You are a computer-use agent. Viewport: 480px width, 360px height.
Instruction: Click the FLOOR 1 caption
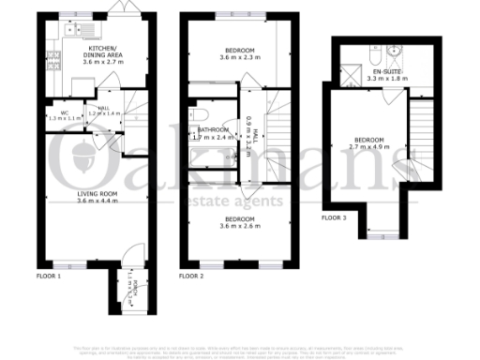pyautogui.click(x=48, y=277)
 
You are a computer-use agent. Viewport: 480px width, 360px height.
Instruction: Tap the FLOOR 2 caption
pyautogui.click(x=191, y=277)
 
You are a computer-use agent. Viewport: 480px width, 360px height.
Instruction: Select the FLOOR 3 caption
pyautogui.click(x=334, y=217)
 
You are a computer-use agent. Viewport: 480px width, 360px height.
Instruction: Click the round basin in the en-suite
pyautogui.click(x=395, y=52)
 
